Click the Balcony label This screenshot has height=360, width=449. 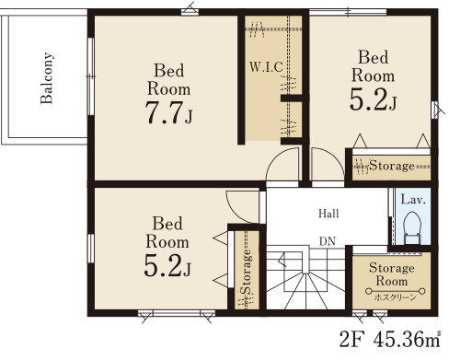tap(47, 78)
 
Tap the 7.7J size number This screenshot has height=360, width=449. tap(168, 112)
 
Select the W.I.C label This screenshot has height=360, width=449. tap(266, 67)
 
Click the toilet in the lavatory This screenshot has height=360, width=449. tap(412, 227)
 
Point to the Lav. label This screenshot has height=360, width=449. tap(413, 200)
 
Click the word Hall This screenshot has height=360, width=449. tap(328, 214)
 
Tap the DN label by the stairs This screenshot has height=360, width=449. tap(328, 241)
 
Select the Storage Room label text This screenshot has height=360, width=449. tap(392, 274)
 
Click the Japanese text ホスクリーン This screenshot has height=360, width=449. tap(396, 297)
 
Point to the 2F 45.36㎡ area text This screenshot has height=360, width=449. tap(390, 339)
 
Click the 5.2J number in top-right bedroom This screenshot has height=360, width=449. tap(373, 100)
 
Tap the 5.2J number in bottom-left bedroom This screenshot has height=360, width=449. tap(167, 266)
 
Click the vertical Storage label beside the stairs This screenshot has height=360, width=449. tap(246, 272)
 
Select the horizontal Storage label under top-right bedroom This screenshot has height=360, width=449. tap(392, 166)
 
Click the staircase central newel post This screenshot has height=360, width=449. tap(305, 260)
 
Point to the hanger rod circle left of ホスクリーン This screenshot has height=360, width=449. tap(369, 291)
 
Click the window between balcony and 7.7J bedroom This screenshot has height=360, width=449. tap(90, 76)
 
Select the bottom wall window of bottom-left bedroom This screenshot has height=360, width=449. tap(177, 313)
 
